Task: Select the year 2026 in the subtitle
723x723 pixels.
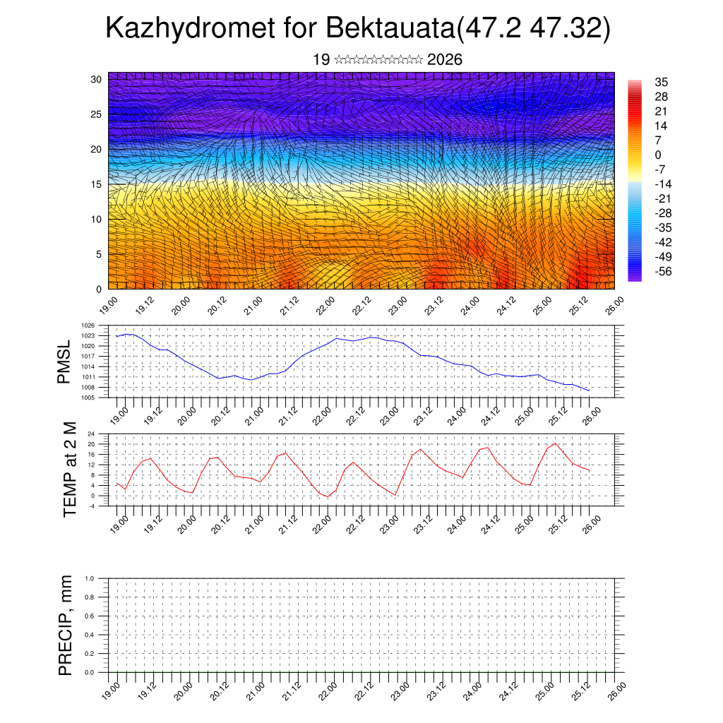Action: click(445, 60)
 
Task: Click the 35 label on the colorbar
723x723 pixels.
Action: click(662, 83)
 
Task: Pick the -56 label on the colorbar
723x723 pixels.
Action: click(663, 270)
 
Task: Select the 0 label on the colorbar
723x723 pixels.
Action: click(658, 155)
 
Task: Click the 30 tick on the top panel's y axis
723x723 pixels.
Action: click(96, 79)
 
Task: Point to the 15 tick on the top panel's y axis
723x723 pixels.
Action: click(96, 184)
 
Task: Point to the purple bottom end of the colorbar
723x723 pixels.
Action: click(634, 277)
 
